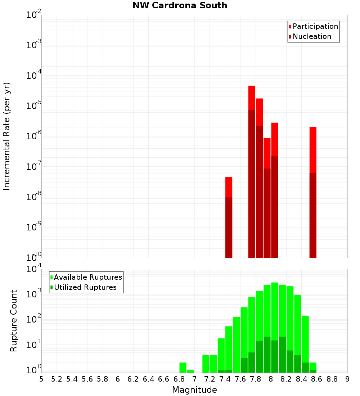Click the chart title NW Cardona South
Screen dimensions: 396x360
click(180, 5)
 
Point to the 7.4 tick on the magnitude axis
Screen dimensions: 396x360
click(225, 379)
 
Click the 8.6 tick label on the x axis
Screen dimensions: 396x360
click(317, 379)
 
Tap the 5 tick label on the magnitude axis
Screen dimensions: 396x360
click(41, 379)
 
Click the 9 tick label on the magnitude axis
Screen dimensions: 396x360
click(347, 379)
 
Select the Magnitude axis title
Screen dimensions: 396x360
click(194, 390)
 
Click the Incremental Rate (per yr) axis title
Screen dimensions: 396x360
click(7, 136)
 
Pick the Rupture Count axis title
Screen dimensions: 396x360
click(14, 320)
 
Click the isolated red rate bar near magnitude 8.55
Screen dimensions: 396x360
click(313, 191)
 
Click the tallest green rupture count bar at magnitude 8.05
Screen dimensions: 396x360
click(275, 324)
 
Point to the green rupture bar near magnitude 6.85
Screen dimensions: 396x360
click(183, 368)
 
